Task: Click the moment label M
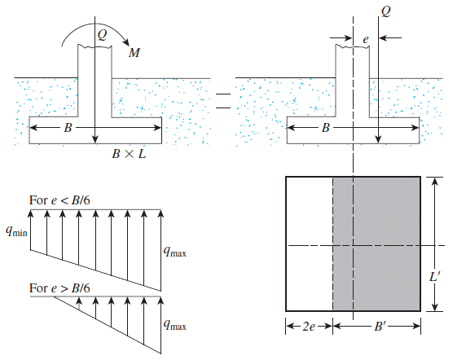point(134,53)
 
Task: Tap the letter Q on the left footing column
point(102,35)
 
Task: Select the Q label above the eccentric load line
point(386,11)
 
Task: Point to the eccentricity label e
point(366,39)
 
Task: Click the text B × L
point(129,154)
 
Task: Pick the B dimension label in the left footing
point(68,128)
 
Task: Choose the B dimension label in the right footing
point(326,128)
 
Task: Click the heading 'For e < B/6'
point(59,200)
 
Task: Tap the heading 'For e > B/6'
point(59,288)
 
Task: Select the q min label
point(16,231)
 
